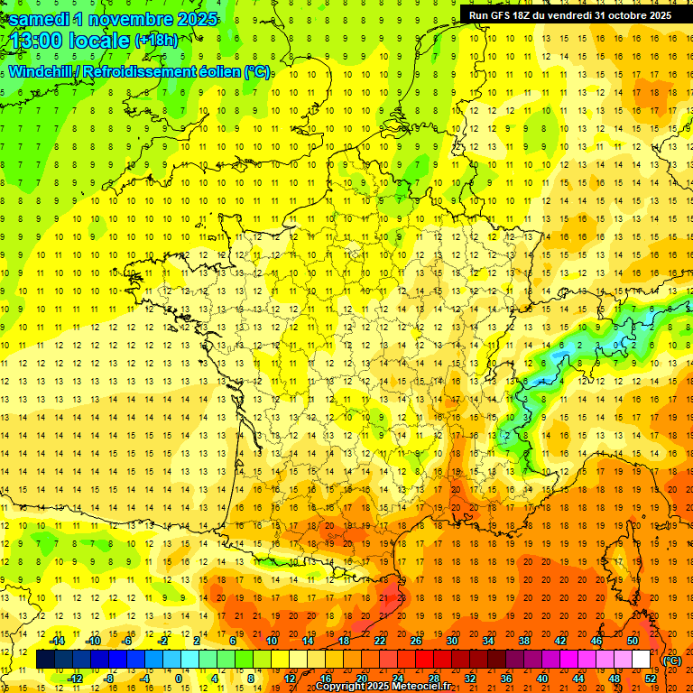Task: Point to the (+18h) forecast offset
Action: pos(155,41)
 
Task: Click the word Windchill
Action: pos(42,71)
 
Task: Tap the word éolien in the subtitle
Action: pos(221,71)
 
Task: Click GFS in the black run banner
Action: pos(501,15)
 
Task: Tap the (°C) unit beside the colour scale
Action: pos(671,661)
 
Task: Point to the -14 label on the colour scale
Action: pos(59,642)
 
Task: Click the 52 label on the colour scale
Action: pos(674,679)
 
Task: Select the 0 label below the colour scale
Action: pos(178,679)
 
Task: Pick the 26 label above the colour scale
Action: pos(416,642)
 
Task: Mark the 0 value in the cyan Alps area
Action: pos(616,345)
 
